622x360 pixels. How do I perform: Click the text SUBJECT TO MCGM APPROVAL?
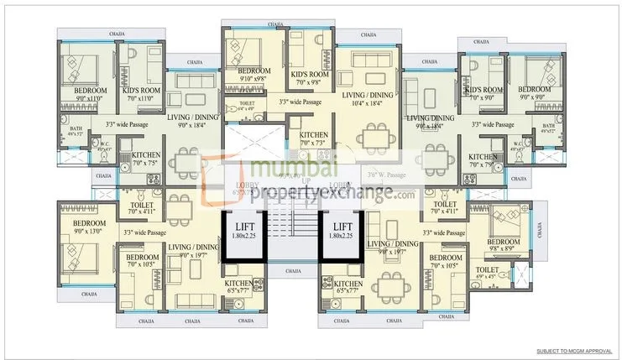coord(576,351)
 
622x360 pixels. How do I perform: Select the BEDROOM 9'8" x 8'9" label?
coord(504,245)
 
